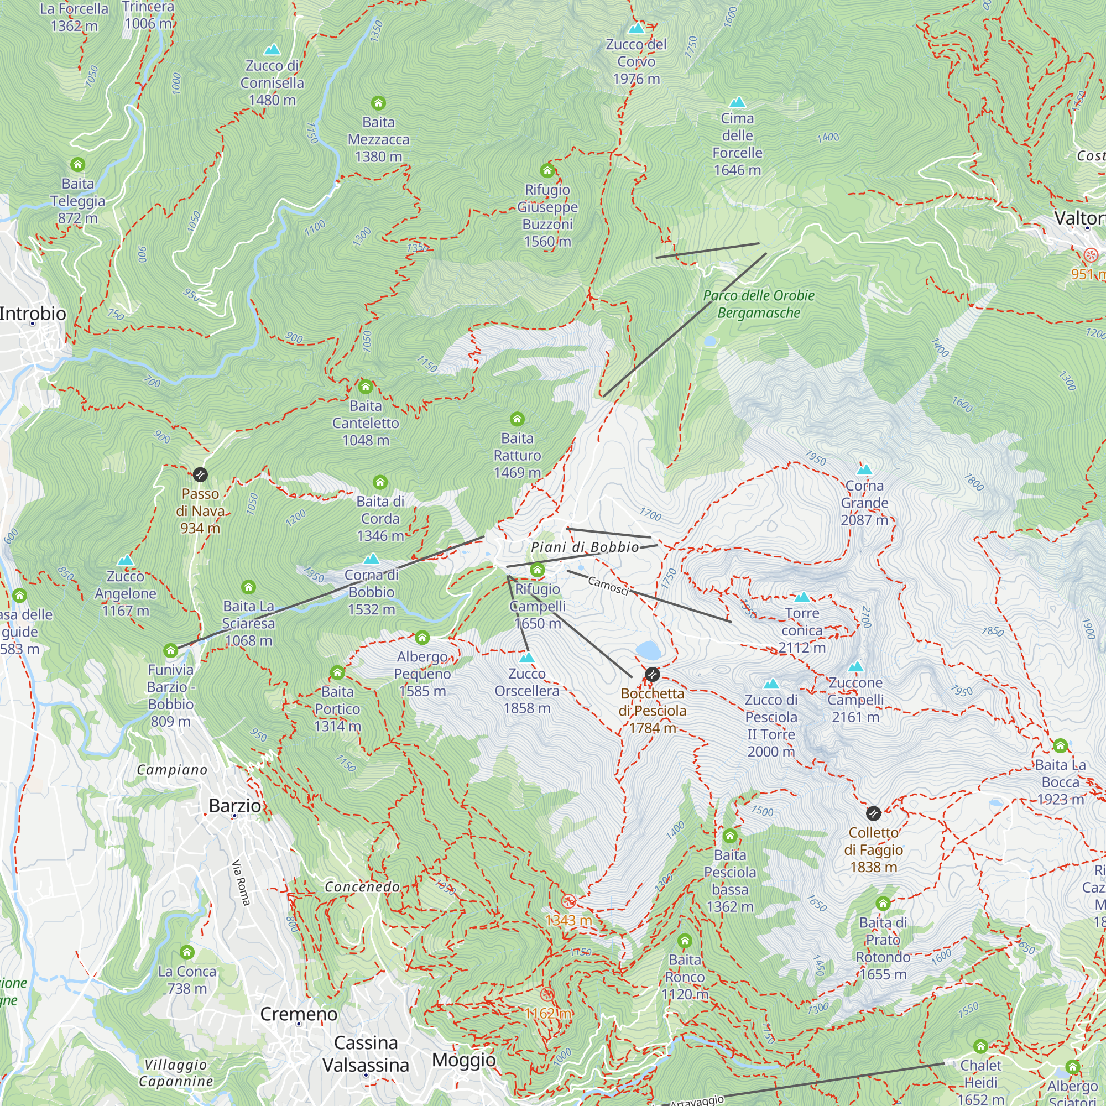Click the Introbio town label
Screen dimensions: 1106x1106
click(33, 313)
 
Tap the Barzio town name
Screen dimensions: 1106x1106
click(234, 806)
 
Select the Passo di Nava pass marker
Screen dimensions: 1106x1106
click(200, 474)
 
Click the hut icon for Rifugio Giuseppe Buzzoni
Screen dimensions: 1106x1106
click(547, 170)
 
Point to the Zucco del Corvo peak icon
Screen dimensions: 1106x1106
click(636, 28)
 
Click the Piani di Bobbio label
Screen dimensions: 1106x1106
click(585, 547)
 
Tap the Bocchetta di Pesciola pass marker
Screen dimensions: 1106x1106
click(652, 674)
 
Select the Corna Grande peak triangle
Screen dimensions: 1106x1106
click(864, 469)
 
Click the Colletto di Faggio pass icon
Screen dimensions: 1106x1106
click(873, 813)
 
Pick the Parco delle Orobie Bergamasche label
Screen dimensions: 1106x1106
click(759, 304)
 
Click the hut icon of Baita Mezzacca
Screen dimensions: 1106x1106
click(378, 103)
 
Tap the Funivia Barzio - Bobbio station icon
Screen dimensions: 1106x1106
click(170, 650)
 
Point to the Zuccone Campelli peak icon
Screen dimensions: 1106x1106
click(855, 666)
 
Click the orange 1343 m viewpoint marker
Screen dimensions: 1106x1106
click(568, 901)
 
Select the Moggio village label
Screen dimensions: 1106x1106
click(464, 1060)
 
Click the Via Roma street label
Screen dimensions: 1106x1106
click(241, 883)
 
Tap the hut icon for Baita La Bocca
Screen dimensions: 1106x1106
click(1060, 745)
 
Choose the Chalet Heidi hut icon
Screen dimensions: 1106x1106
click(980, 1046)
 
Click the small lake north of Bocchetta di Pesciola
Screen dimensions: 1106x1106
click(648, 650)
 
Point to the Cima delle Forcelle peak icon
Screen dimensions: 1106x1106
click(737, 102)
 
